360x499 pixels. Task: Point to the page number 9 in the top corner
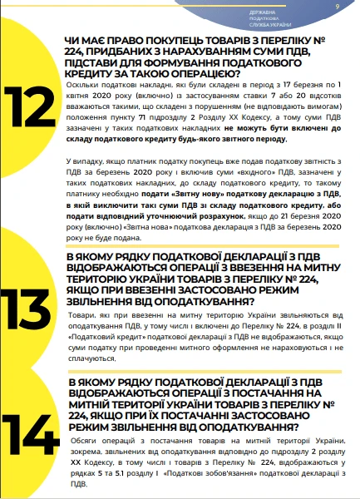(337, 7)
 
